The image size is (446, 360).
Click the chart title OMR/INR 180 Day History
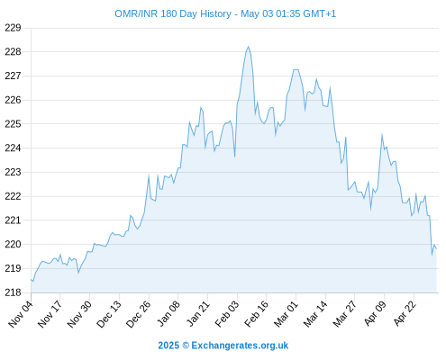[173, 13]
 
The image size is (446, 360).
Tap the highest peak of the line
[248, 47]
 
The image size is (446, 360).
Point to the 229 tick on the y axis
[13, 28]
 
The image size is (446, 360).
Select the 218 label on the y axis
[13, 292]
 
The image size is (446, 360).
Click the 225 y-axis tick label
[13, 124]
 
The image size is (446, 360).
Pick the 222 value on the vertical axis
[13, 196]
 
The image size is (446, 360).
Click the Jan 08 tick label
[168, 313]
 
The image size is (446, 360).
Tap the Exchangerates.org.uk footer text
[240, 346]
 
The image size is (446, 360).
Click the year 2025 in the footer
[168, 346]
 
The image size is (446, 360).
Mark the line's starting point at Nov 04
[31, 279]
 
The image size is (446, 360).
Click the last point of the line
[436, 248]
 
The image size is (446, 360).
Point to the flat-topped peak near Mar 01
[296, 69]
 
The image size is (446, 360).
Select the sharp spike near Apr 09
[382, 134]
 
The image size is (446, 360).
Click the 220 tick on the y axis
[13, 244]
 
